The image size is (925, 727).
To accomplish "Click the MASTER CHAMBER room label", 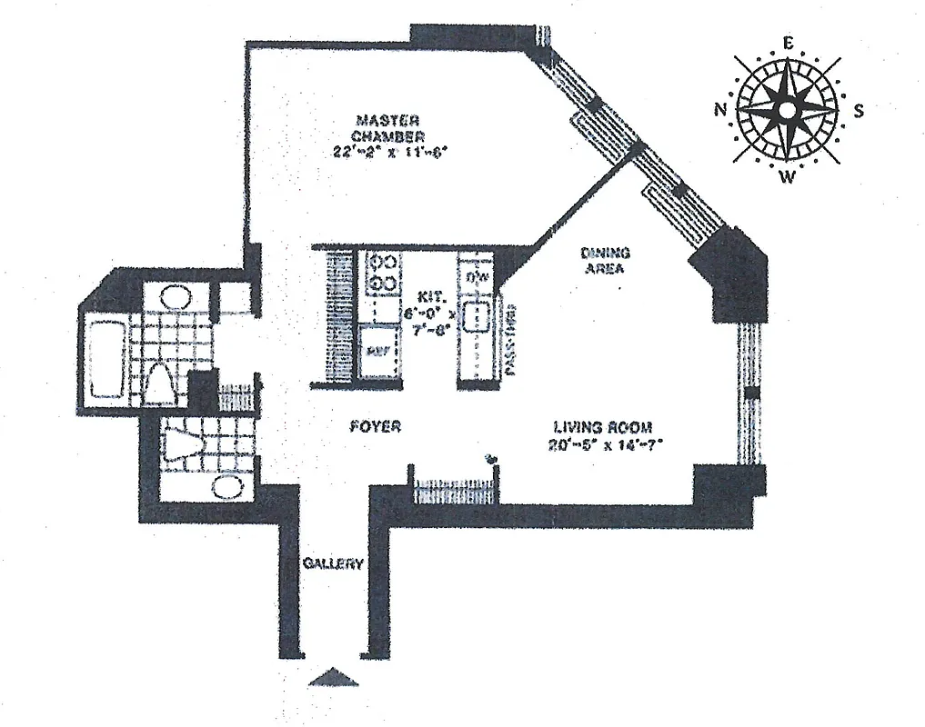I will click(x=387, y=128).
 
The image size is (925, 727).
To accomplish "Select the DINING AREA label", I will click(x=605, y=261).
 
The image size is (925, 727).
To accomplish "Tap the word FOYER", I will click(x=376, y=426).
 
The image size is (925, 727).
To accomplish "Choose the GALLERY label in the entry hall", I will click(x=333, y=563).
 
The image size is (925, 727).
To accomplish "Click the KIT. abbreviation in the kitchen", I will click(x=430, y=297).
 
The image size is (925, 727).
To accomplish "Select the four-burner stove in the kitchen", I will click(x=383, y=274).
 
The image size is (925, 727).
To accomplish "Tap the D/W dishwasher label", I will click(x=478, y=275).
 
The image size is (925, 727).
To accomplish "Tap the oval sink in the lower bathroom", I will click(x=226, y=485).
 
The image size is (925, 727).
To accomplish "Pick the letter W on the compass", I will click(x=788, y=177).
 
